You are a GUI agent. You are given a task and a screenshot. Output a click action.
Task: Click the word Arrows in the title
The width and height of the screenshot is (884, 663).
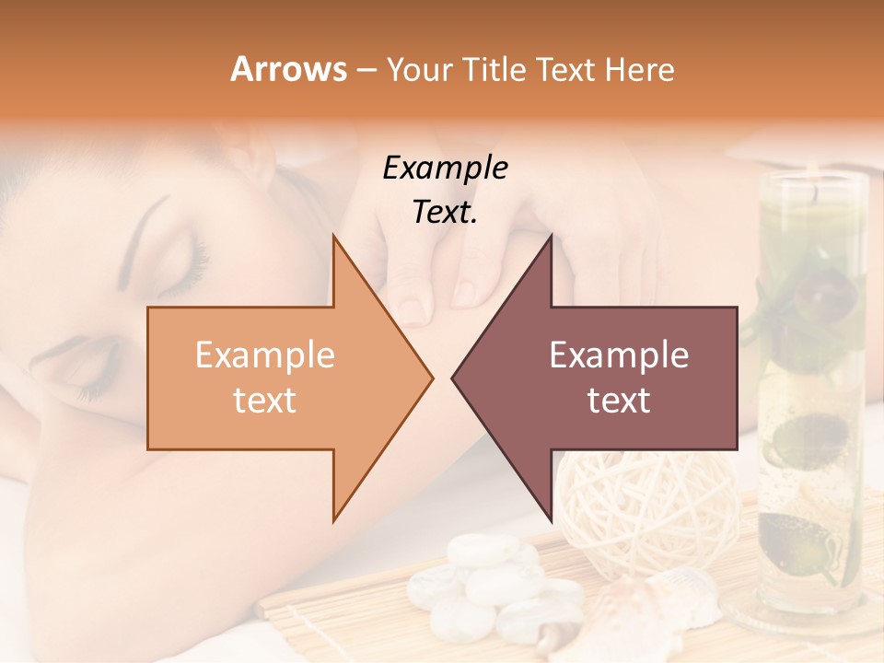click(289, 69)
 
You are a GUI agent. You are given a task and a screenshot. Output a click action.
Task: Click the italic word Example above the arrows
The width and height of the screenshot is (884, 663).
click(445, 168)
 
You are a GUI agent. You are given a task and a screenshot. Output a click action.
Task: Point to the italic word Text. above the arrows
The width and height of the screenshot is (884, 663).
click(445, 213)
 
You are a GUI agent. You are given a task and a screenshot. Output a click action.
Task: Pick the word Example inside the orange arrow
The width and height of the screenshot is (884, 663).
click(264, 355)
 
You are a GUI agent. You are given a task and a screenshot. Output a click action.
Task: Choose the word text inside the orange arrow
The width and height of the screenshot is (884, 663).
click(264, 401)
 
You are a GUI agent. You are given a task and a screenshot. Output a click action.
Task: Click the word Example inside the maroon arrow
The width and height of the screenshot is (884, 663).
click(619, 355)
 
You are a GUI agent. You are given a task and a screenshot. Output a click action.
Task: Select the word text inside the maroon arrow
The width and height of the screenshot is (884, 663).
click(619, 401)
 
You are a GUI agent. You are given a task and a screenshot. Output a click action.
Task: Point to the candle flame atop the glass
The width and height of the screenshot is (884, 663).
click(814, 191)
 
